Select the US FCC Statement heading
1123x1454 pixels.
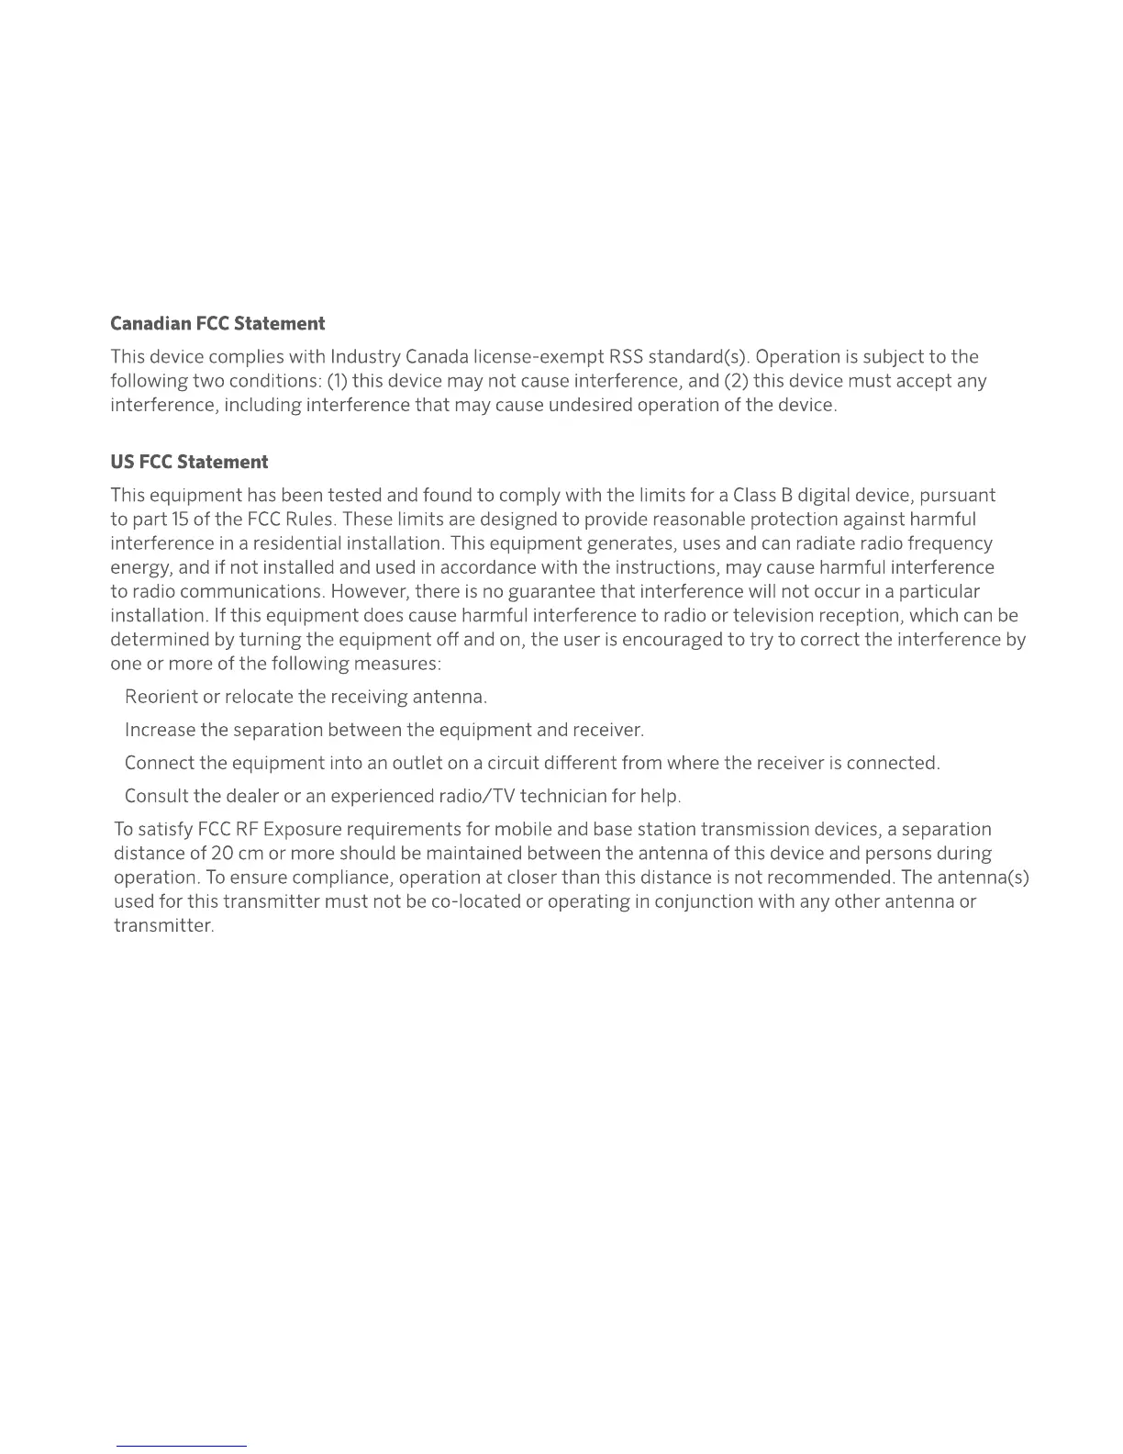(189, 462)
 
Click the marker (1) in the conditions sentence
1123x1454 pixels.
(337, 380)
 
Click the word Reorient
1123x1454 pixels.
(161, 697)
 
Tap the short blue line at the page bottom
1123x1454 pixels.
(182, 1447)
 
